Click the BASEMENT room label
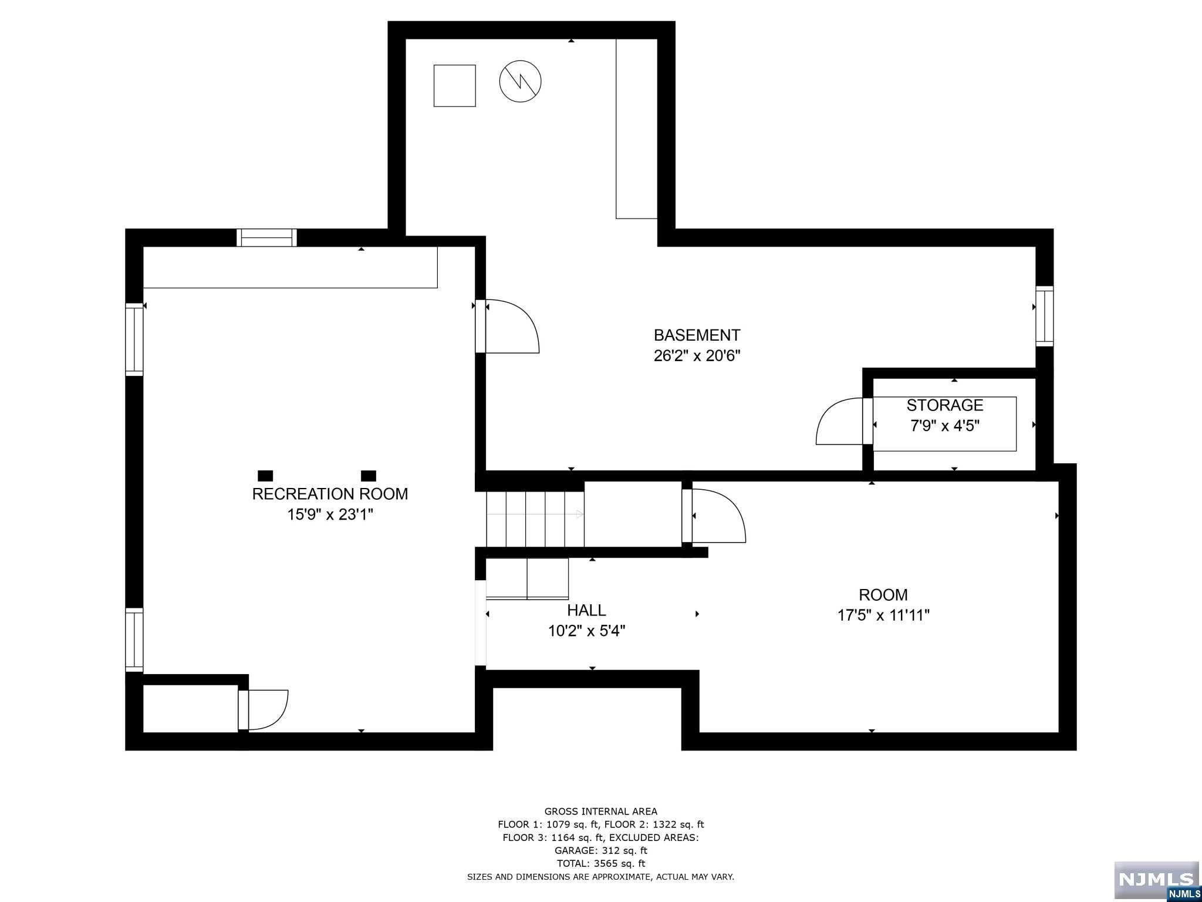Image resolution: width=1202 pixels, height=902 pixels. pyautogui.click(x=697, y=335)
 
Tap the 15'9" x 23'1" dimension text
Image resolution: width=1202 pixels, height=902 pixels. pyautogui.click(x=330, y=515)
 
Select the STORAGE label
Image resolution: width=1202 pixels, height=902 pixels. pyautogui.click(x=944, y=405)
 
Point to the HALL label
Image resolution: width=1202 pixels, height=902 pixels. pyautogui.click(x=586, y=610)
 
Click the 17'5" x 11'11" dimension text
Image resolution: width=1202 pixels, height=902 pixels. pyautogui.click(x=883, y=615)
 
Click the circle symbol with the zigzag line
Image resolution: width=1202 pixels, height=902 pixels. pyautogui.click(x=520, y=82)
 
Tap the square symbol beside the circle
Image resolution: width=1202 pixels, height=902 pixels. pyautogui.click(x=454, y=86)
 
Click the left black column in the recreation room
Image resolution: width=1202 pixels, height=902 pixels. pyautogui.click(x=265, y=476)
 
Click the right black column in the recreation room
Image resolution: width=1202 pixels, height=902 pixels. pyautogui.click(x=369, y=476)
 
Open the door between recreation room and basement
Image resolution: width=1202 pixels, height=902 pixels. pyautogui.click(x=508, y=327)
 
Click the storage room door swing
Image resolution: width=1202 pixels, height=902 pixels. pyautogui.click(x=839, y=422)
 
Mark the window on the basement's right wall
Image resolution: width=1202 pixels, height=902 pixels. pyautogui.click(x=1044, y=315)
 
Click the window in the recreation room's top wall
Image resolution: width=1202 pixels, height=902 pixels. pyautogui.click(x=267, y=237)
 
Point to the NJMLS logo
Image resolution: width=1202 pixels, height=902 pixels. pyautogui.click(x=1156, y=879)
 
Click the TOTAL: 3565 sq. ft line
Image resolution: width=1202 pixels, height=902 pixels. pyautogui.click(x=600, y=863)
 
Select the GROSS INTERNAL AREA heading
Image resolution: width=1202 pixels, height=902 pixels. pyautogui.click(x=600, y=812)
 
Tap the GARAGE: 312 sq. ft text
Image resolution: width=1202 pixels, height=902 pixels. pyautogui.click(x=600, y=850)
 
